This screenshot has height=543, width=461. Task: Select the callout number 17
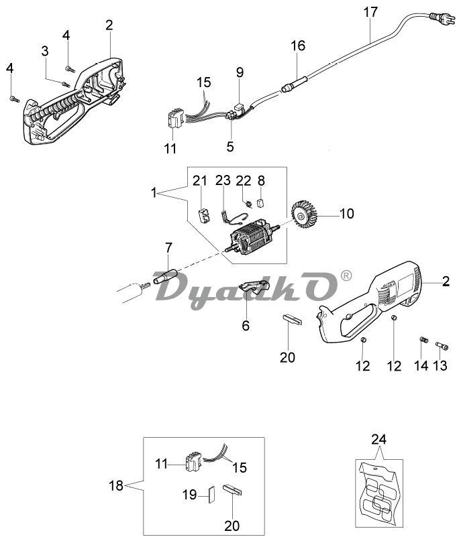tap(370, 11)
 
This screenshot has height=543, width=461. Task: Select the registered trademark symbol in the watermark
tap(346, 276)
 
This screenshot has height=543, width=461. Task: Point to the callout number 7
tap(168, 248)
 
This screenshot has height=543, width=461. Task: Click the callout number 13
tap(440, 365)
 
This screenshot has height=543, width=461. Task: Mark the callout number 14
tap(421, 365)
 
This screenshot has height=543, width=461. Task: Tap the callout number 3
tap(45, 51)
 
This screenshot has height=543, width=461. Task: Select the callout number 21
tap(200, 180)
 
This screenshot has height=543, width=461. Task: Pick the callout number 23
tap(223, 180)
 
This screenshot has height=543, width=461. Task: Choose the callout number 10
tap(347, 215)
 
